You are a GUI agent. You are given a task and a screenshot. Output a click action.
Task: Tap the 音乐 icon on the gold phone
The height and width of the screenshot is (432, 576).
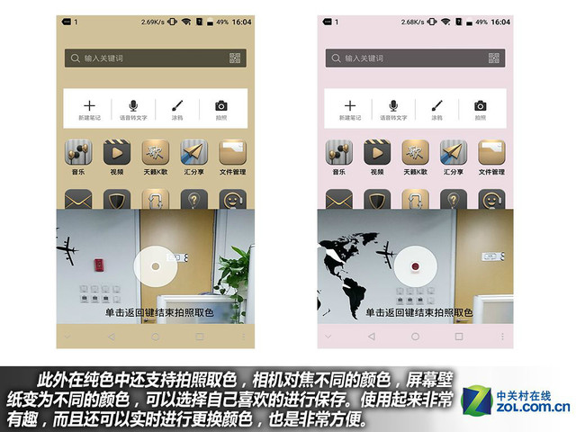[78, 152]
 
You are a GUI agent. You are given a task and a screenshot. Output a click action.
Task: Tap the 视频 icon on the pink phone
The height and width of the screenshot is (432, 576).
[376, 152]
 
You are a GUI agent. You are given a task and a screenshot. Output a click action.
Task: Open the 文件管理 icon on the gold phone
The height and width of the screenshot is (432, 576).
[232, 152]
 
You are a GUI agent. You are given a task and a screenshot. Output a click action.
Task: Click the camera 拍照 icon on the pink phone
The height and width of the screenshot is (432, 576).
[480, 105]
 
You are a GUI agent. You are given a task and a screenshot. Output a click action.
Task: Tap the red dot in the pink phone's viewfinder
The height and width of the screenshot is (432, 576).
[415, 265]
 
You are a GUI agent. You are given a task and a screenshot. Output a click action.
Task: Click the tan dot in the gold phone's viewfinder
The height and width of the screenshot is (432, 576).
[156, 265]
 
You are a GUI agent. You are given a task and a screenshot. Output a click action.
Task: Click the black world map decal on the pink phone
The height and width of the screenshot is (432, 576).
[351, 256]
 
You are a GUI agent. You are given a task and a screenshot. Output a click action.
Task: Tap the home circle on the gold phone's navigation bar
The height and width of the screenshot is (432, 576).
[155, 337]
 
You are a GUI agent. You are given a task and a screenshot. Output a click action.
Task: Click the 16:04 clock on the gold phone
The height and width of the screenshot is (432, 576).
[242, 21]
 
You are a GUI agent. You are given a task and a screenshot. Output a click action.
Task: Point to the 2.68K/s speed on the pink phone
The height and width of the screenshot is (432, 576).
[415, 21]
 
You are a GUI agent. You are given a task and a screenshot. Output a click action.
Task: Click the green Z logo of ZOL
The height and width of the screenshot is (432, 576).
[476, 400]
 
